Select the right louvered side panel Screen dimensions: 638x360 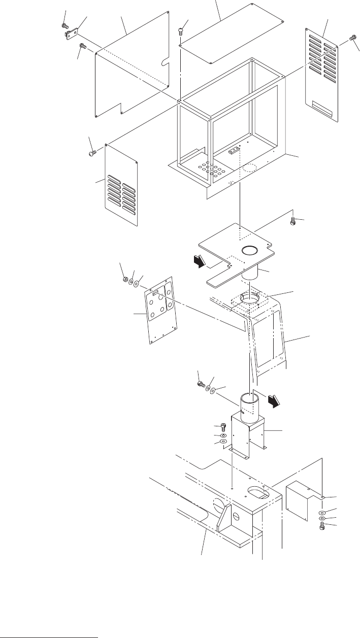pyautogui.click(x=323, y=76)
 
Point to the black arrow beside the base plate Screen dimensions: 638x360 pyautogui.click(x=201, y=261)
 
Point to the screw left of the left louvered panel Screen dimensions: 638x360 pyautogui.click(x=91, y=151)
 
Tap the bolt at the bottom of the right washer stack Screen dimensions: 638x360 pyautogui.click(x=321, y=528)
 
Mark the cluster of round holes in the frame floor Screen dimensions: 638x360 pyautogui.click(x=209, y=168)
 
